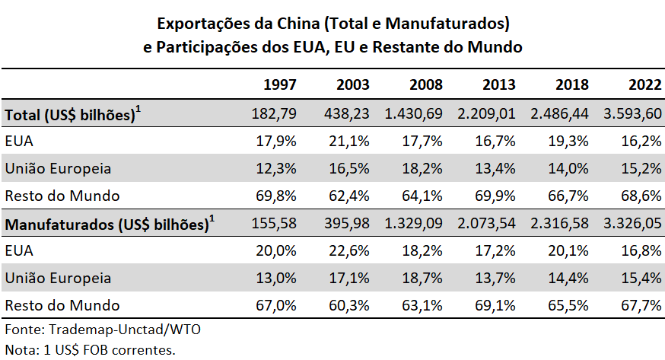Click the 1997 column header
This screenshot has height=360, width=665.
click(279, 84)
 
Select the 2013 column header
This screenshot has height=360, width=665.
click(498, 84)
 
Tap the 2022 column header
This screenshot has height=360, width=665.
click(644, 84)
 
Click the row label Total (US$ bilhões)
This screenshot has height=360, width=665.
click(73, 113)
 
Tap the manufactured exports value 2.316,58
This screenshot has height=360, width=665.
click(560, 225)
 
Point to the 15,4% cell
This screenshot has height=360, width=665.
click(644, 278)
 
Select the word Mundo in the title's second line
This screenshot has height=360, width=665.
click(496, 46)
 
